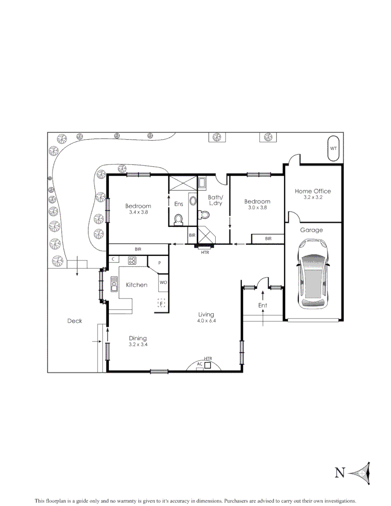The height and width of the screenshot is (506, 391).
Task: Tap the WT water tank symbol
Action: click(333, 148)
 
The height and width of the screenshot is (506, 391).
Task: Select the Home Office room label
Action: click(313, 191)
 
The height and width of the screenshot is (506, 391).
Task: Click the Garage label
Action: click(311, 230)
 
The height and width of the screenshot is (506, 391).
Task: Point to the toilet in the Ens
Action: click(178, 218)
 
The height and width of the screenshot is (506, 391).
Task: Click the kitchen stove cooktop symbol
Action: click(132, 260)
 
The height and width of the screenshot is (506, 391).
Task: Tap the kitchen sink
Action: click(114, 283)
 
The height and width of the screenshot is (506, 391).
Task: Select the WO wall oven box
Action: click(163, 283)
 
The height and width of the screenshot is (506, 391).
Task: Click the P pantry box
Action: click(159, 263)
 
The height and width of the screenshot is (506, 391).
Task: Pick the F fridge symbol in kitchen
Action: click(161, 303)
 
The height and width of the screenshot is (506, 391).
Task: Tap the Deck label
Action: click(75, 321)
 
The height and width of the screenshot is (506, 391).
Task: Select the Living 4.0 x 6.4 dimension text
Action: click(206, 321)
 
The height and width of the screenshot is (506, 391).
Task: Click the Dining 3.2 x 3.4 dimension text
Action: click(138, 344)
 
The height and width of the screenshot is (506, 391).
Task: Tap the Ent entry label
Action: click(263, 305)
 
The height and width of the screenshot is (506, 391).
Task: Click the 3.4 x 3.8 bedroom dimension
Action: click(138, 212)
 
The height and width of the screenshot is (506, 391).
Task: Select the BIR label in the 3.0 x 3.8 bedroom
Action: click(268, 238)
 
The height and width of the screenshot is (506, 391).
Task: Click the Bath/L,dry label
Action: click(216, 200)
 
